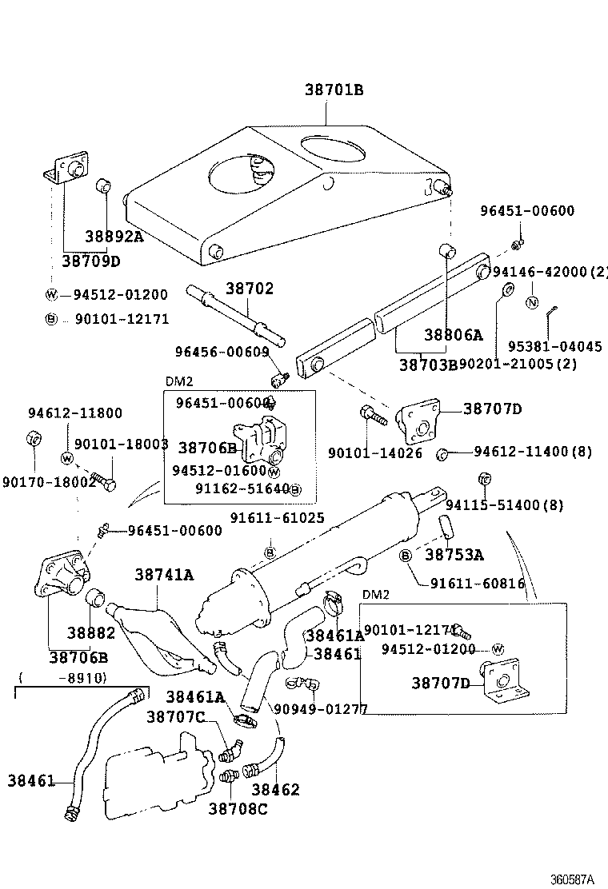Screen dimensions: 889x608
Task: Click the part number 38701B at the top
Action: [x=334, y=90]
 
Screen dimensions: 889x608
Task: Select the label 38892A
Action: [x=114, y=236]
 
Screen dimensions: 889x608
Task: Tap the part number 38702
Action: [x=249, y=289]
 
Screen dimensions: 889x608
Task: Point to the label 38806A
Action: [x=454, y=335]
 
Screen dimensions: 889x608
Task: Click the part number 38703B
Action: [x=428, y=364]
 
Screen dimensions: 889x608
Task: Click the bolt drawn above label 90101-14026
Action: [x=374, y=416]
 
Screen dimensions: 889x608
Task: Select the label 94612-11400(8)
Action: [x=532, y=452]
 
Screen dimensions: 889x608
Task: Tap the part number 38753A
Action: [x=454, y=554]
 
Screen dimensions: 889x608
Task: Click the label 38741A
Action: [x=165, y=574]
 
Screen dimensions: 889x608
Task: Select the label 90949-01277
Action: [x=320, y=708]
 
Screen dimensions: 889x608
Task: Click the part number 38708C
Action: [x=238, y=808]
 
